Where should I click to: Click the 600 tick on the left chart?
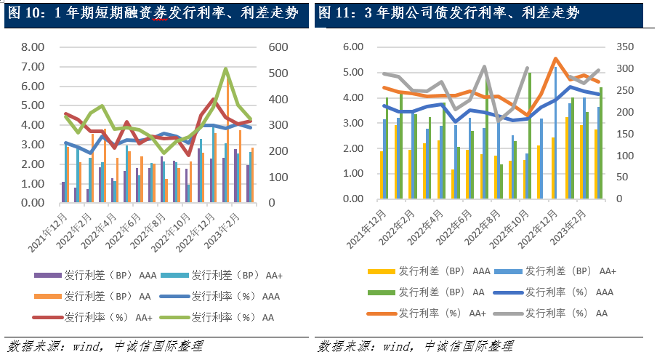pyautogui.click(x=279, y=47)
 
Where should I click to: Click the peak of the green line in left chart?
pyautogui.click(x=226, y=69)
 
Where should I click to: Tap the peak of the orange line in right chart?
pyautogui.click(x=555, y=59)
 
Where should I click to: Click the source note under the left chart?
pyautogui.click(x=105, y=346)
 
